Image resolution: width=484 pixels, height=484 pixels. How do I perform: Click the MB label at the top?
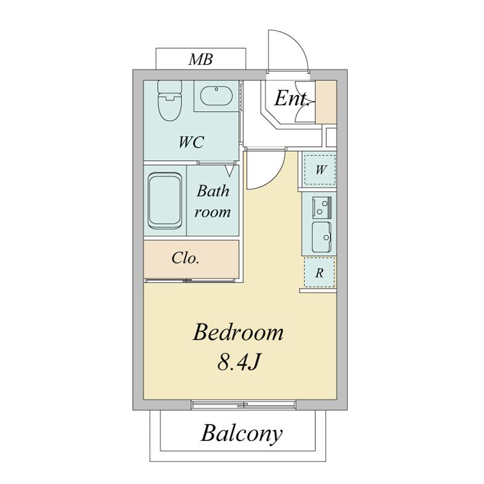201,59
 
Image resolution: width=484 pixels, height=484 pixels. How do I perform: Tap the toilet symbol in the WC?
169,100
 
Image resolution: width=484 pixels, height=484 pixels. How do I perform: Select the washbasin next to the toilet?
216,96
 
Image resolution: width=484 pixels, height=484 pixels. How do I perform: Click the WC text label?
191,142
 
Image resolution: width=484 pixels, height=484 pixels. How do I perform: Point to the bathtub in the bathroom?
164,201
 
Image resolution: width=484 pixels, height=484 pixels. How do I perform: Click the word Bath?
213,191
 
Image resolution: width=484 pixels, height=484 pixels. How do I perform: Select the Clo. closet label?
185,258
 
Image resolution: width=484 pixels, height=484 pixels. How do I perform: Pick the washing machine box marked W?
319,170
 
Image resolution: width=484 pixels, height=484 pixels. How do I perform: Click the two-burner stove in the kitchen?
322,207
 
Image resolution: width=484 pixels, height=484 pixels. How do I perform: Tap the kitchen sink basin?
321,237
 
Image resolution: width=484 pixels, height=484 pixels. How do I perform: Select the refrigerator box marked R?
319,273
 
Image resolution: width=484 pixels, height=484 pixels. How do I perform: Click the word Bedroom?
238,333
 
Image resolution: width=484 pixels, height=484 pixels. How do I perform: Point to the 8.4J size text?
239,361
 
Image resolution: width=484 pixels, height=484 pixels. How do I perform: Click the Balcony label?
241,434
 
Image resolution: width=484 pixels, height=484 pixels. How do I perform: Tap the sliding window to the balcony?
243,405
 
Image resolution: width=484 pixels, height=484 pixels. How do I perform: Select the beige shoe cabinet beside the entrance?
326,102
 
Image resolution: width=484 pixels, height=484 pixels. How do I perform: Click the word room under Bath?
213,212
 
